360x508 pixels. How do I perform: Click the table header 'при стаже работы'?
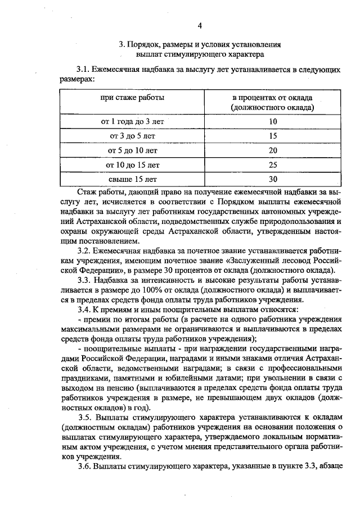132,97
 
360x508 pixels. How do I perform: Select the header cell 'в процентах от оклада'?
272,97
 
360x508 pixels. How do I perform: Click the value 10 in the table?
273,121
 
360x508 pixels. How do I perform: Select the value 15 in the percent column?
273,136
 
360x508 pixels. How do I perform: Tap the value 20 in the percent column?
273,150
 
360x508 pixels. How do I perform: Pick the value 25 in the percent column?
273,165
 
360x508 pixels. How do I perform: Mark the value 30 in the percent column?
273,180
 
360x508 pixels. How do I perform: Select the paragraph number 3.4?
84,310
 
